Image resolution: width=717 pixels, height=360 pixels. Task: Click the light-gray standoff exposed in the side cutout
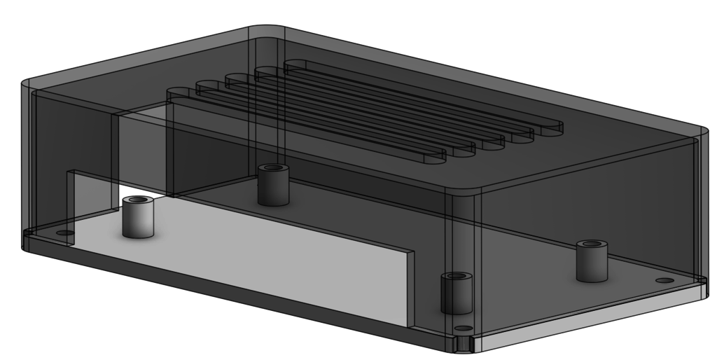(x=138, y=218)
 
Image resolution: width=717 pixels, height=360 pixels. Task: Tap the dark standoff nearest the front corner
(x=457, y=293)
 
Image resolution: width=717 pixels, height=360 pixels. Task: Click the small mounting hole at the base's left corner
(x=64, y=233)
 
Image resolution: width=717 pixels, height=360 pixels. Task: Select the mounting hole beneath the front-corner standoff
(x=463, y=328)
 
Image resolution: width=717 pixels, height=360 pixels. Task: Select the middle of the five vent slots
(x=365, y=111)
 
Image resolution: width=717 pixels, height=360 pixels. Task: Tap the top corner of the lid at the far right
(x=700, y=132)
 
